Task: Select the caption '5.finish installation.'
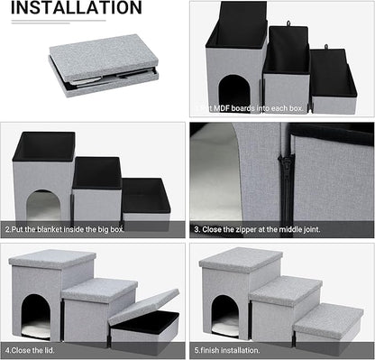click(x=230, y=348)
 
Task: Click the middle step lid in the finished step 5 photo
click(x=285, y=291)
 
